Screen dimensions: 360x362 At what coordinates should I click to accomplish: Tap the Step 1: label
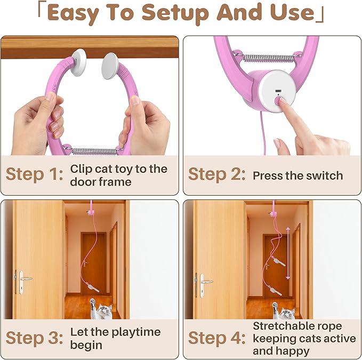pos(34,174)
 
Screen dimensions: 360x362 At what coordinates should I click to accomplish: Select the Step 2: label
pos(216,174)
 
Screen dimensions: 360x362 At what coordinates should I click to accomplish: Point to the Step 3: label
pos(34,338)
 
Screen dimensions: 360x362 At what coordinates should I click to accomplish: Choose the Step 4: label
pos(216,338)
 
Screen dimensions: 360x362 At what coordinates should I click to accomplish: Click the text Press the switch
pos(297,175)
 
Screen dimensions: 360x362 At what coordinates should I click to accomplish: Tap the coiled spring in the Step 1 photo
pos(94,151)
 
